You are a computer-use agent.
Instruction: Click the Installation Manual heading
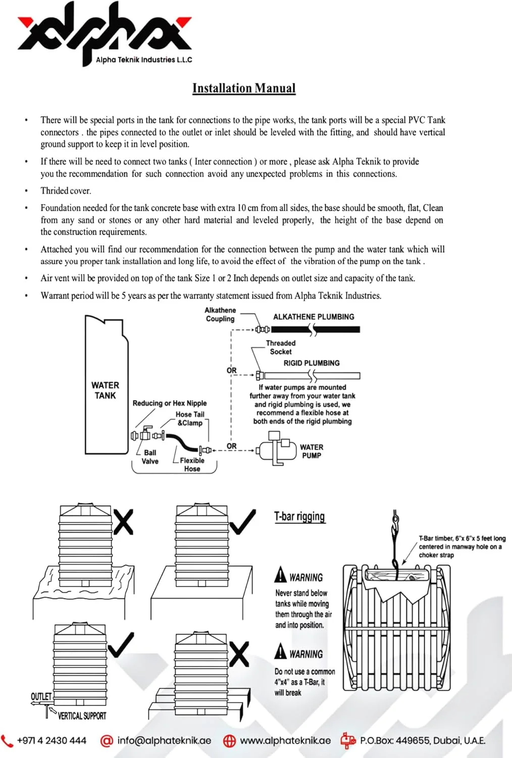click(244, 88)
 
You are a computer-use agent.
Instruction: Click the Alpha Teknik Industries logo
click(105, 33)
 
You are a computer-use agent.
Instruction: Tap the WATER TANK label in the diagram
click(105, 390)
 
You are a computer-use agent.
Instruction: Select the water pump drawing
click(276, 448)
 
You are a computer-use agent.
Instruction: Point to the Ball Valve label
click(150, 457)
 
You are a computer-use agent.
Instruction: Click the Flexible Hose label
click(192, 464)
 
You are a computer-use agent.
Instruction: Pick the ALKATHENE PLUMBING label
click(314, 317)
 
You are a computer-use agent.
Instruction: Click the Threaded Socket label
click(281, 347)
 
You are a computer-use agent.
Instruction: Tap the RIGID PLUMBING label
click(312, 363)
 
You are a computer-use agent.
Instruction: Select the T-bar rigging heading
click(299, 516)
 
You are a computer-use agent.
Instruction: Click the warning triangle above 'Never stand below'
click(280, 575)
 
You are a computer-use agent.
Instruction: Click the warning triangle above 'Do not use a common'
click(280, 651)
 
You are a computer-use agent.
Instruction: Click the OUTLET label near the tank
click(41, 696)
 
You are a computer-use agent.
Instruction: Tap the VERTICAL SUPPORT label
click(82, 716)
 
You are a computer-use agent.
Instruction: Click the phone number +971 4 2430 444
click(51, 741)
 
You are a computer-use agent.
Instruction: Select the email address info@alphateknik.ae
click(164, 741)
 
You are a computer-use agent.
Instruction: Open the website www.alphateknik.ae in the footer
click(285, 741)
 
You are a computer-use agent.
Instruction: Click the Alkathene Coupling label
click(220, 314)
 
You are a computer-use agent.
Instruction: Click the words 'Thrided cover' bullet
click(66, 191)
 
